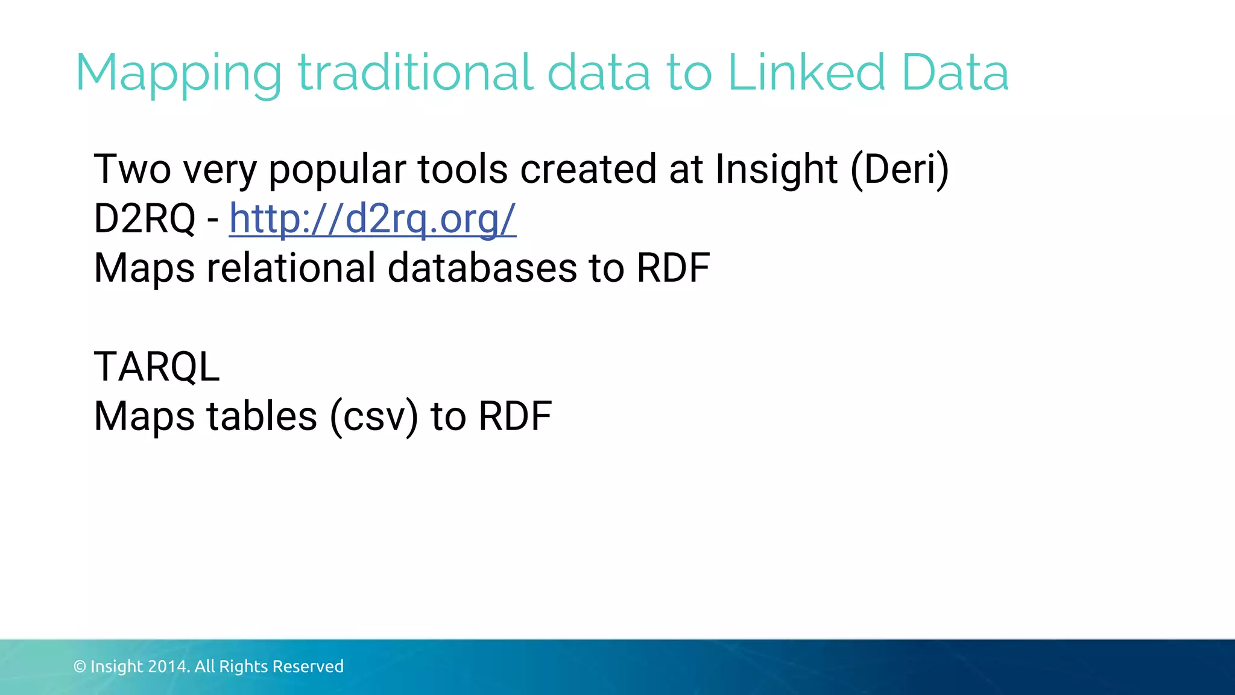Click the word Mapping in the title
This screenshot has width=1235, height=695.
click(178, 74)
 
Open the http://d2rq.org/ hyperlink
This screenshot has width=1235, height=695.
click(372, 218)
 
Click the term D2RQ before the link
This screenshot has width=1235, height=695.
click(145, 218)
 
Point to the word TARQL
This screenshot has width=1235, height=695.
click(157, 367)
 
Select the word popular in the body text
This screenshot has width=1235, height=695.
click(336, 170)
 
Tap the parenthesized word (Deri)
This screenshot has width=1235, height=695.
click(899, 170)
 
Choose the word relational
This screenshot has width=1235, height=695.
click(291, 268)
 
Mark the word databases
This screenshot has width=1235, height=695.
click(482, 268)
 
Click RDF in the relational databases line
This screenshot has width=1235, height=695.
click(673, 268)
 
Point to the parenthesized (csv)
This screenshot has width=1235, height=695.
click(374, 417)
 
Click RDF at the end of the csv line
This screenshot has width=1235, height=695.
click(515, 416)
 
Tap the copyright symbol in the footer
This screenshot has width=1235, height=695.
click(80, 667)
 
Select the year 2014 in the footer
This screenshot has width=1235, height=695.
click(168, 667)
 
